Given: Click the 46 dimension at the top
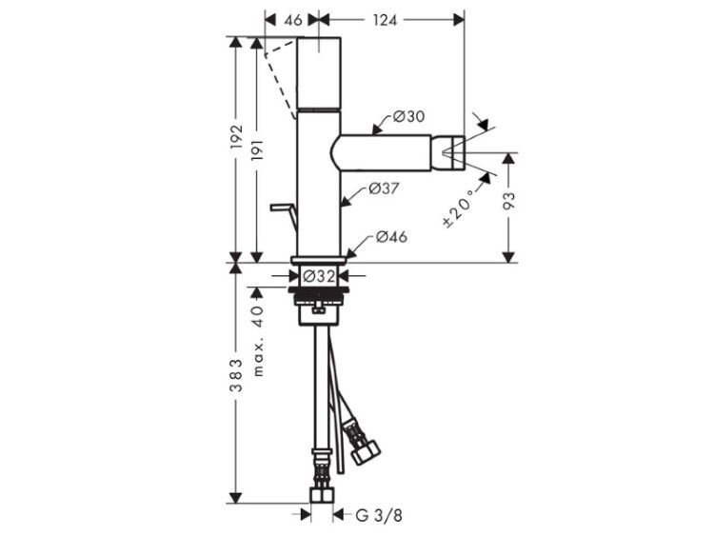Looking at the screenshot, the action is [x=294, y=20].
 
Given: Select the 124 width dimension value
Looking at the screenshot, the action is [x=385, y=20].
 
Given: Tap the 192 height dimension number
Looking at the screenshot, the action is [x=237, y=136].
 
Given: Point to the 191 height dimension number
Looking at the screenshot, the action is [x=257, y=154].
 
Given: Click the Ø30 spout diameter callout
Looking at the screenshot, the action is [x=408, y=116].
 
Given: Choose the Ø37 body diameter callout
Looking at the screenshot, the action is [x=384, y=189].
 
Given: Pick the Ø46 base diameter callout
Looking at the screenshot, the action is [x=391, y=237].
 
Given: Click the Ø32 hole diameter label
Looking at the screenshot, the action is [x=319, y=276].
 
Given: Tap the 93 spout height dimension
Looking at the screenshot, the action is [x=509, y=201].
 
